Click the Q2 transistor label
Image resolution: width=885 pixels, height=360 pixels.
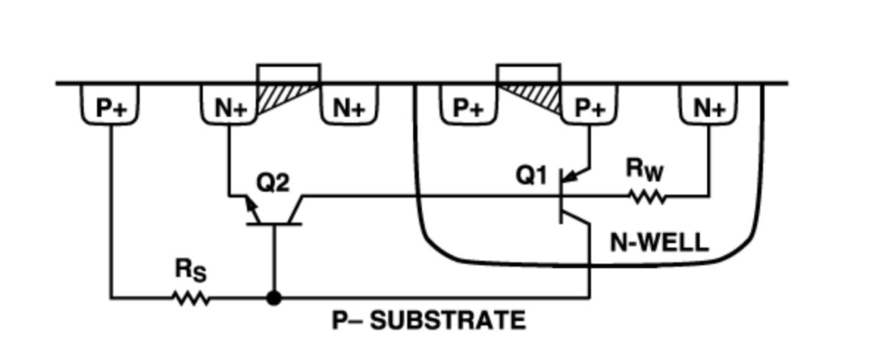pyautogui.click(x=272, y=181)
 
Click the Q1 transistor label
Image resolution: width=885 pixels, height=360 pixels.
pyautogui.click(x=531, y=176)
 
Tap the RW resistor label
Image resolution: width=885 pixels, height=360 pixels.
pyautogui.click(x=645, y=170)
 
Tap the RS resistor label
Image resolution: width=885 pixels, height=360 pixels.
pyautogui.click(x=190, y=270)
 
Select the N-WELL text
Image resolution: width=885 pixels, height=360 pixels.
pyautogui.click(x=659, y=242)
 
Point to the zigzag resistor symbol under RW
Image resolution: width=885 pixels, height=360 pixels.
pyautogui.click(x=647, y=197)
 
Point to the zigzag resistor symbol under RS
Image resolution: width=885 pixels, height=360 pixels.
pyautogui.click(x=191, y=298)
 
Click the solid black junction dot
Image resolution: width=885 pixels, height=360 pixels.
pyautogui.click(x=274, y=298)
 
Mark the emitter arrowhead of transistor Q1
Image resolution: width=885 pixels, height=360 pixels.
pyautogui.click(x=573, y=176)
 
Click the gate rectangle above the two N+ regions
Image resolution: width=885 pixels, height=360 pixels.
pyautogui.click(x=288, y=73)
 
